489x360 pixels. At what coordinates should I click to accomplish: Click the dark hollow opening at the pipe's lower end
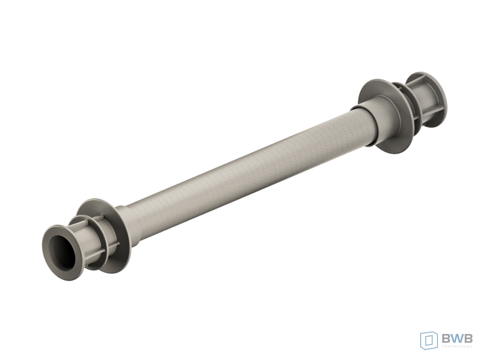(x=64, y=252)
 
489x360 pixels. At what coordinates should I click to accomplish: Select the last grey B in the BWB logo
(x=469, y=338)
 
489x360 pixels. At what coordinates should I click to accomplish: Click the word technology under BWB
(x=457, y=346)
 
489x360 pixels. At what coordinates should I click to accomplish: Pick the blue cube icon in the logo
(x=429, y=340)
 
